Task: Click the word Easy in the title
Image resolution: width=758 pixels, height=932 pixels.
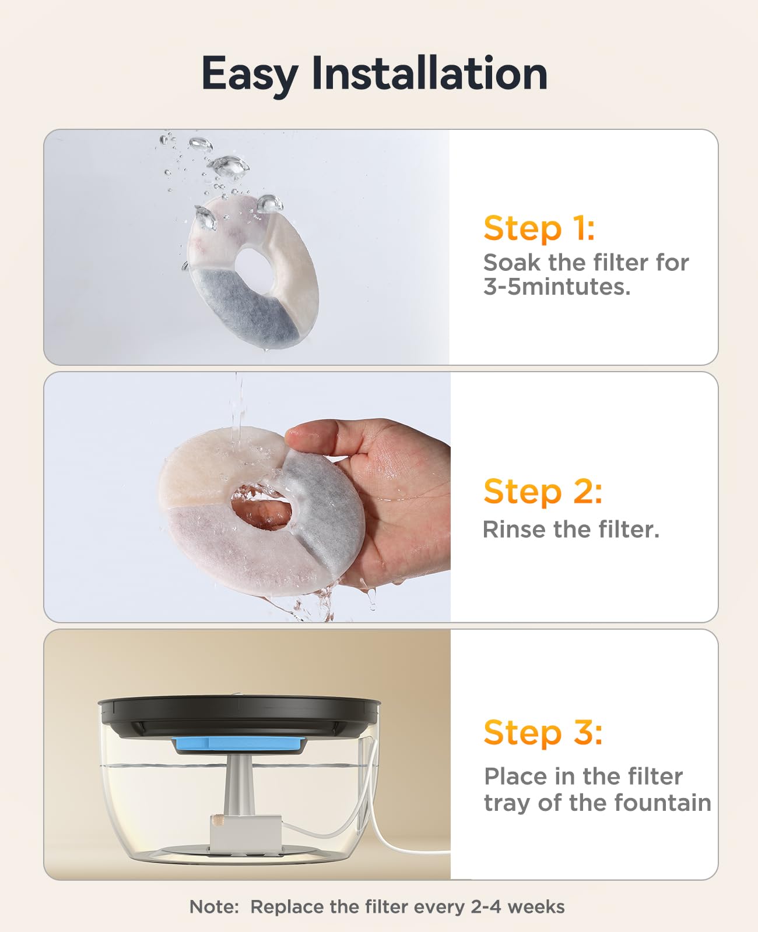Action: tap(249, 75)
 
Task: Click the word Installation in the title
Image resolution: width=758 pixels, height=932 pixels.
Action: tap(430, 73)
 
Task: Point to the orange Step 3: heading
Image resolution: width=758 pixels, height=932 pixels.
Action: tap(542, 732)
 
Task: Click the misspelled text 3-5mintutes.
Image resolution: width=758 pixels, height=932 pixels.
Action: tap(557, 287)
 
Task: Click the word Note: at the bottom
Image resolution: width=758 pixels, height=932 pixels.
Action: tap(214, 907)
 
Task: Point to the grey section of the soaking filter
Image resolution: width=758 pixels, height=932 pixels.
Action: tap(245, 306)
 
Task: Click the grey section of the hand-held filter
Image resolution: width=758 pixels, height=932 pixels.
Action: tap(327, 495)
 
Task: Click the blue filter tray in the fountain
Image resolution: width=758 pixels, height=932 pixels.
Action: tap(238, 744)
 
